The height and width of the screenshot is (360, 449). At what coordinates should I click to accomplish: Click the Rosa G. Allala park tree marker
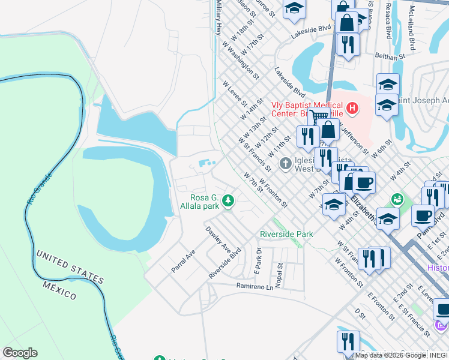pyautogui.click(x=228, y=201)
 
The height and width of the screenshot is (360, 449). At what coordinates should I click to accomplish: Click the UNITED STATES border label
pyautogui.click(x=70, y=266)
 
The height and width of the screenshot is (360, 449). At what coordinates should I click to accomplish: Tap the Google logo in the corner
pyautogui.click(x=20, y=353)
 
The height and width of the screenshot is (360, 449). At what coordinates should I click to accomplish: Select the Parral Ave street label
pyautogui.click(x=184, y=262)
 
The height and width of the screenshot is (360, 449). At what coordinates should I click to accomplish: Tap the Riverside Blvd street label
pyautogui.click(x=225, y=262)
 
